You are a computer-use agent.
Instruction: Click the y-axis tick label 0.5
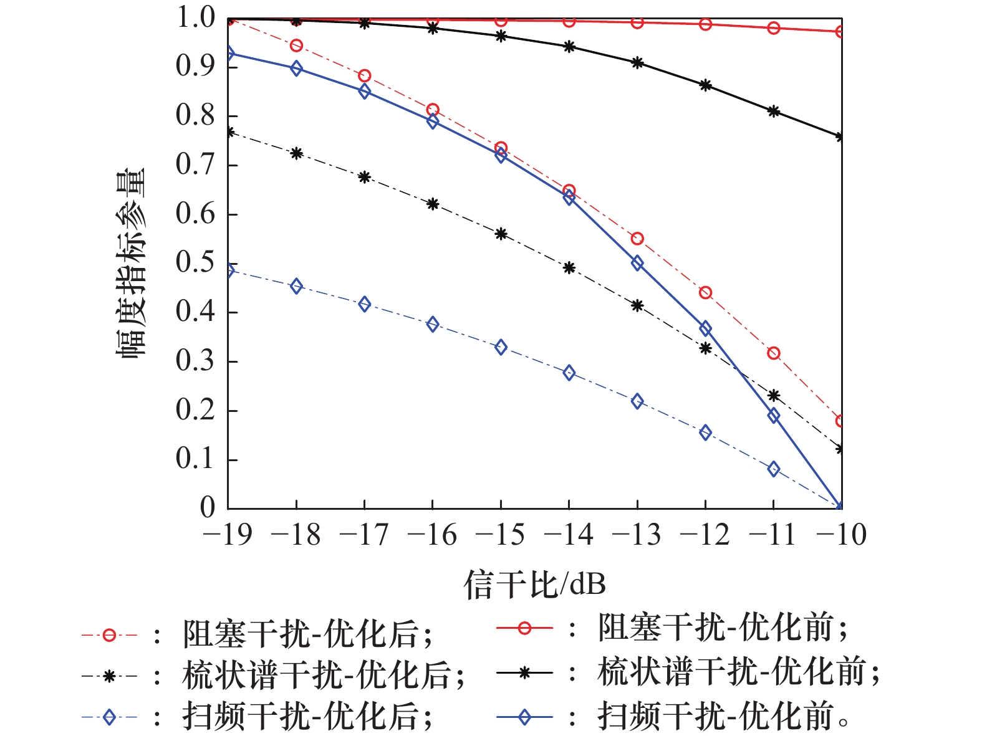click(x=195, y=263)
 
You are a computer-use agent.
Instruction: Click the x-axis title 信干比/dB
click(x=534, y=585)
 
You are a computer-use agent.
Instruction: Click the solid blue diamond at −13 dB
click(x=637, y=263)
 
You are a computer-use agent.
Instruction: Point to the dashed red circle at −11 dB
click(x=774, y=353)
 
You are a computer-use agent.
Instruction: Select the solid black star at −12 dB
click(x=705, y=85)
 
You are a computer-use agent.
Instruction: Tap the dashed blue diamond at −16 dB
click(x=433, y=324)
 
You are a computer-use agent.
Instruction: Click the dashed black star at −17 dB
click(x=365, y=177)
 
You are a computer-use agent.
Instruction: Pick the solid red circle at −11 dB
click(x=774, y=28)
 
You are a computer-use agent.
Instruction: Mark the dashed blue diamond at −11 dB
click(x=774, y=469)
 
